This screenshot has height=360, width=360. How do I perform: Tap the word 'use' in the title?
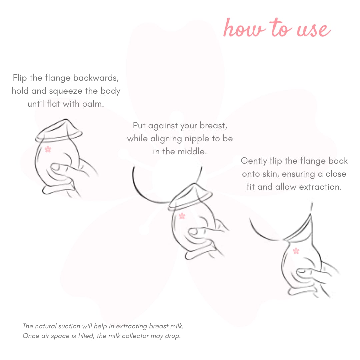tap(314, 30)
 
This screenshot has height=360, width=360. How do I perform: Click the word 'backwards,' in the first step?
tap(96, 78)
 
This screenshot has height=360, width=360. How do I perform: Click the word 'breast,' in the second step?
tap(213, 126)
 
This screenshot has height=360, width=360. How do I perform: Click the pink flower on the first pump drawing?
tap(48, 149)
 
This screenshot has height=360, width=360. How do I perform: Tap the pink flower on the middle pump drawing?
tap(182, 216)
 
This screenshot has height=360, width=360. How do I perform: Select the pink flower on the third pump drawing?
tap(296, 251)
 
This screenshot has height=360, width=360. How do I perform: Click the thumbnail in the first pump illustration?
tap(56, 167)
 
